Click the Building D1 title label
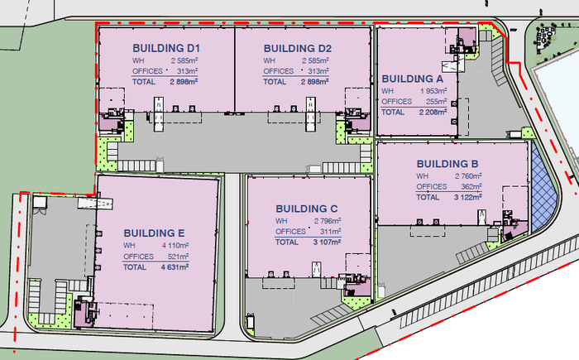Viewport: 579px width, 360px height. [x=166, y=48]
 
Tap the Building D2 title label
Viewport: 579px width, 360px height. [x=297, y=49]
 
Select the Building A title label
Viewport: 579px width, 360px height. [x=413, y=79]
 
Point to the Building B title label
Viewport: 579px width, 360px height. [x=447, y=164]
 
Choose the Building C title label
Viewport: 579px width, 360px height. [x=307, y=209]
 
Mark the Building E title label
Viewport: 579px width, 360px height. [x=154, y=233]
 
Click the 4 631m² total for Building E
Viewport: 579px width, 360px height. [x=175, y=266]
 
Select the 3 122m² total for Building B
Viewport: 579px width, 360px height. [x=468, y=197]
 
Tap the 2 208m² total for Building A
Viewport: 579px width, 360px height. [x=433, y=112]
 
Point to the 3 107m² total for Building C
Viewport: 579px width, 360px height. [x=327, y=242]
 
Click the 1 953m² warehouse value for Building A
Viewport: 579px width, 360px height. [x=433, y=91]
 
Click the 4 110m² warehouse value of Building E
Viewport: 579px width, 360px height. [x=175, y=245]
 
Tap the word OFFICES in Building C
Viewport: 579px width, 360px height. [x=290, y=232]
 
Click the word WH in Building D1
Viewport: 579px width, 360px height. [x=138, y=60]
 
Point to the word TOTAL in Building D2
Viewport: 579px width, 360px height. [x=275, y=82]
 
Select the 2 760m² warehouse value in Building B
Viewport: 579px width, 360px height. [x=468, y=176]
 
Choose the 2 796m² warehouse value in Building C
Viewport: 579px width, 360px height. [x=328, y=221]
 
